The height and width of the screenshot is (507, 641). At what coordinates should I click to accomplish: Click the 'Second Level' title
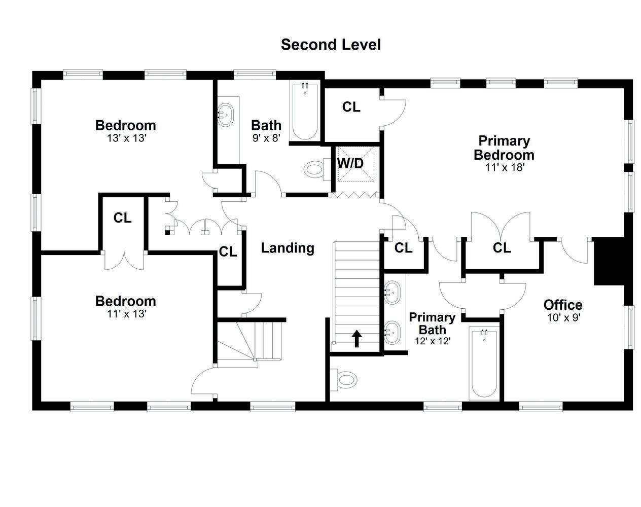click(331, 45)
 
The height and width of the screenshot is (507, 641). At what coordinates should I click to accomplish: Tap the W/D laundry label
click(350, 164)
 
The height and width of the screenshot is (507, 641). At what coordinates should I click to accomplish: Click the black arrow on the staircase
click(357, 338)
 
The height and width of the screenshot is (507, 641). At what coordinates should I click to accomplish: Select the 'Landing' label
click(288, 248)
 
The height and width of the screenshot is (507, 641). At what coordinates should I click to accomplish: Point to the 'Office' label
click(563, 305)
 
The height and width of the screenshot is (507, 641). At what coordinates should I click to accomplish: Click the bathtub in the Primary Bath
click(484, 363)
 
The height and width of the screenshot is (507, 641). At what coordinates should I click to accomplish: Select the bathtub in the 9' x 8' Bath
click(305, 112)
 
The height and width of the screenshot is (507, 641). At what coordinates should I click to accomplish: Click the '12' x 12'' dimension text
click(433, 341)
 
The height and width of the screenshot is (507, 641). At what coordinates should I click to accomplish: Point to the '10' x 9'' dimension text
click(563, 318)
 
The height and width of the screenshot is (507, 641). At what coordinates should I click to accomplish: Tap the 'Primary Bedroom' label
click(504, 148)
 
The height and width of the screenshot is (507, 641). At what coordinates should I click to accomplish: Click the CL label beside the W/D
click(351, 107)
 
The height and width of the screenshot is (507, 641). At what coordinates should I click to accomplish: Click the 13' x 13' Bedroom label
click(126, 125)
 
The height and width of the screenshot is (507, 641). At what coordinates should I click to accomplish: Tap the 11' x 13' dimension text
click(126, 314)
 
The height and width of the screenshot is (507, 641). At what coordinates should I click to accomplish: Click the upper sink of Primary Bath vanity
click(391, 293)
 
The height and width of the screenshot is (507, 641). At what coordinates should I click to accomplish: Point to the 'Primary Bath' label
click(432, 323)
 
